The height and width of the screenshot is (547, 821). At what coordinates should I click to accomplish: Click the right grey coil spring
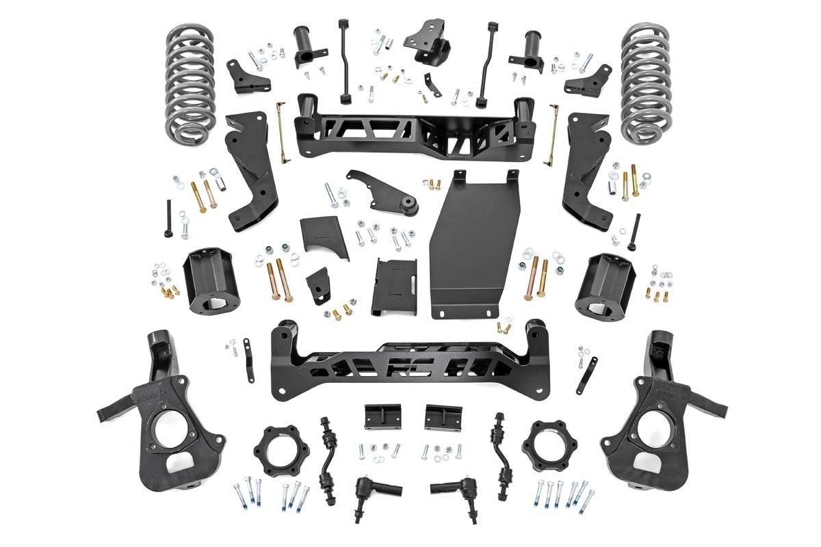(645, 82)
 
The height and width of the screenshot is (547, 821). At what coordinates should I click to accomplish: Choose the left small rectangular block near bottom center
(382, 416)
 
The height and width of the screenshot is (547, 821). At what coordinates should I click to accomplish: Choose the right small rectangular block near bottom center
(443, 416)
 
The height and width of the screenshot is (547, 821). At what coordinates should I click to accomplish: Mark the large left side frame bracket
(250, 171)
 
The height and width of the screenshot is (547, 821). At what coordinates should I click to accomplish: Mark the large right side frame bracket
(586, 171)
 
